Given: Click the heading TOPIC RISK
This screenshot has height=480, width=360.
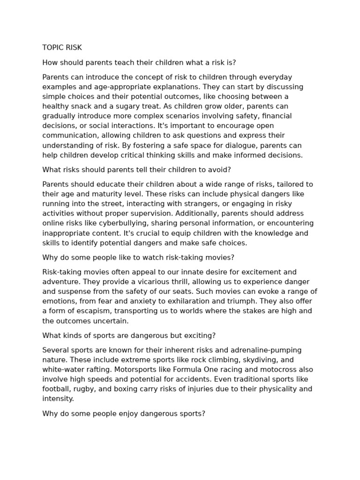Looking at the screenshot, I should pos(62,47).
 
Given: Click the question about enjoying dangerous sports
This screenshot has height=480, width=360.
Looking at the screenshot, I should pos(124,414).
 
